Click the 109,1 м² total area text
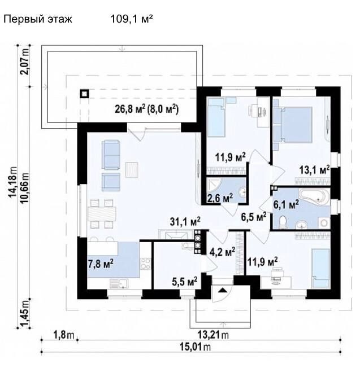[132, 19]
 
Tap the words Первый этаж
[38, 19]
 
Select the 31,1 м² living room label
[185, 221]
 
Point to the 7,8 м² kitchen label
[101, 264]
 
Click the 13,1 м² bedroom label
[314, 169]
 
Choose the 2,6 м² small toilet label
[220, 198]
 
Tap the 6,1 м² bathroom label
[286, 205]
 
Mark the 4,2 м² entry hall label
[222, 252]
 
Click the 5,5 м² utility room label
[184, 281]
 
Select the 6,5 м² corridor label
[254, 217]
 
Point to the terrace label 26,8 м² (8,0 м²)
[146, 109]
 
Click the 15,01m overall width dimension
[195, 346]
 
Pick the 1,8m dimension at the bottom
[64, 335]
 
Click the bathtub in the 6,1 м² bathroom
[314, 197]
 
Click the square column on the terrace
[84, 94]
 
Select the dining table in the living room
[102, 213]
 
